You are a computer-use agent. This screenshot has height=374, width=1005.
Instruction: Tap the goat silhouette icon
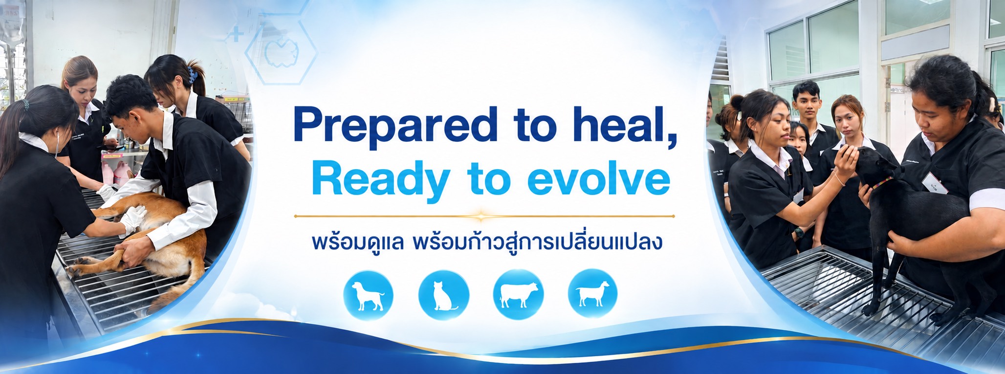click(592, 294)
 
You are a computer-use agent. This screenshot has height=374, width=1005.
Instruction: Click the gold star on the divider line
click(482, 215)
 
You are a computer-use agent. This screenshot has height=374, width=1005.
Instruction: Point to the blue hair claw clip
click(192, 75)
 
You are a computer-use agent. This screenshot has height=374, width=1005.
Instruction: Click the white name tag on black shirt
click(935, 183)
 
